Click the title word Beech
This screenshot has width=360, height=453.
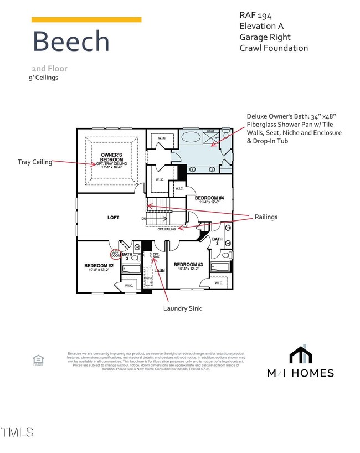pyautogui.click(x=71, y=42)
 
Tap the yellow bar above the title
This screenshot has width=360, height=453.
pyautogui.click(x=86, y=19)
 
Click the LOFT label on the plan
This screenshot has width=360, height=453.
pyautogui.click(x=113, y=218)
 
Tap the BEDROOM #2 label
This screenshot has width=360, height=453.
pyautogui.click(x=99, y=265)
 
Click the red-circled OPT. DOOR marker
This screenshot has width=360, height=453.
pyautogui.click(x=116, y=254)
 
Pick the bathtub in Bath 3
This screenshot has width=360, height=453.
pyautogui.click(x=132, y=269)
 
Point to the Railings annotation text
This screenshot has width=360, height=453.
pyautogui.click(x=267, y=217)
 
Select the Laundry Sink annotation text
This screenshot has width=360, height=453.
pyautogui.click(x=182, y=308)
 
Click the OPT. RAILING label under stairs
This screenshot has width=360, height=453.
pyautogui.click(x=167, y=229)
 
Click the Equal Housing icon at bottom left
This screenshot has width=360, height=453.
pyautogui.click(x=38, y=360)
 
